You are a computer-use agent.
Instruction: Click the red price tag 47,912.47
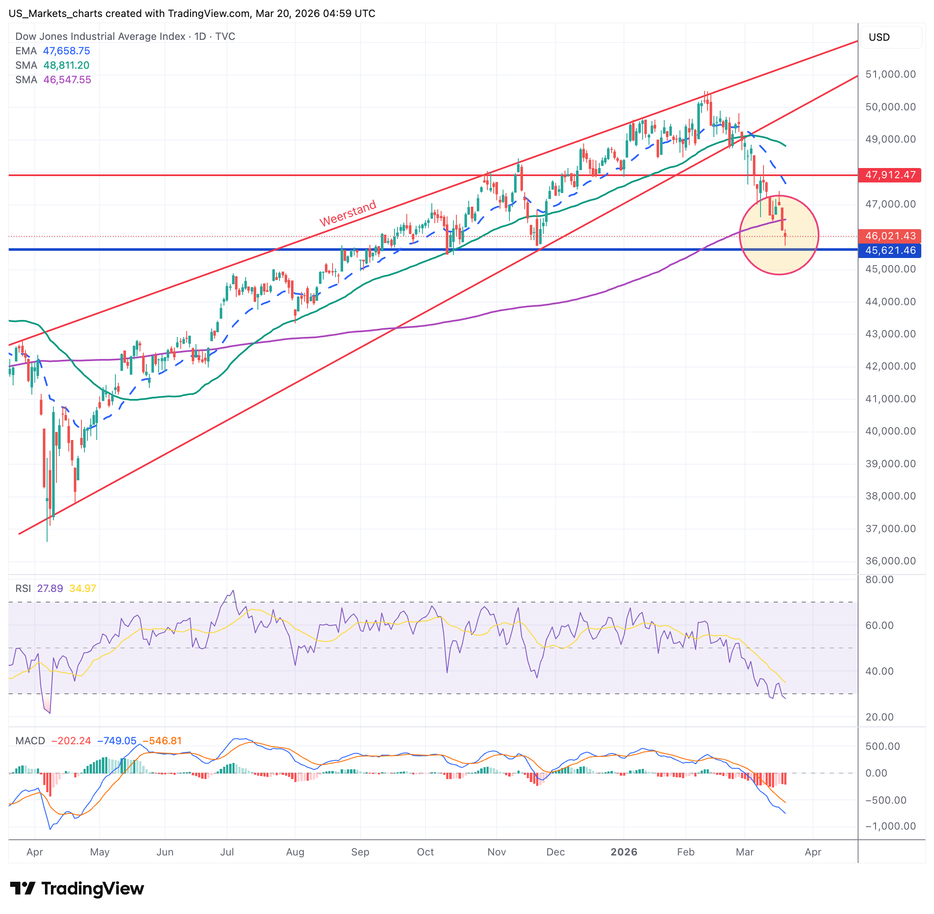889,175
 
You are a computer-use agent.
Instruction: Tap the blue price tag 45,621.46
889,250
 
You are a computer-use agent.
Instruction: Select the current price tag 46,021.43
889,236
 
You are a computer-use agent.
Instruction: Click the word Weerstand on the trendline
348,213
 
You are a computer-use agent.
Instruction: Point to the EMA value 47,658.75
66,51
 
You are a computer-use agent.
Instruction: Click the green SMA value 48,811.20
66,65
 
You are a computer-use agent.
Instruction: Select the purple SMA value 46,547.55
67,80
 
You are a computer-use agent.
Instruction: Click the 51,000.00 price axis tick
890,74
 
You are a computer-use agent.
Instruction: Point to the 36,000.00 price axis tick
890,561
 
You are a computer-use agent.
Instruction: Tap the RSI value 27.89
50,588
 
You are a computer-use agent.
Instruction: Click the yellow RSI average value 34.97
83,588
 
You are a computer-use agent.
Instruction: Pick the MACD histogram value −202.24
71,741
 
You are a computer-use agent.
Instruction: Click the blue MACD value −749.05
117,741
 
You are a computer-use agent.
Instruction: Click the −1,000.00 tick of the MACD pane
886,826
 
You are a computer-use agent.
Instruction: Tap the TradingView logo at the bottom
77,889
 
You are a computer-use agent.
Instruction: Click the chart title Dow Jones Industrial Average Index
100,36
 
